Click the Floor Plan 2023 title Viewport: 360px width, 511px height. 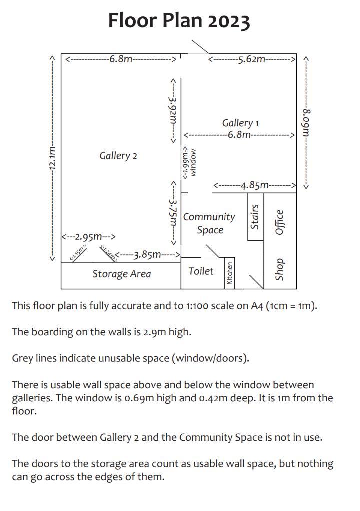[x=179, y=21]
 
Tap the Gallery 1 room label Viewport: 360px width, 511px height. [x=240, y=123]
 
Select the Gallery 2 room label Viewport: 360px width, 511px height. [x=118, y=156]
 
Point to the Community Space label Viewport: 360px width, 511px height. [x=209, y=223]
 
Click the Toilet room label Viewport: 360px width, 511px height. [x=201, y=271]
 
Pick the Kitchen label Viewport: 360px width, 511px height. [x=230, y=274]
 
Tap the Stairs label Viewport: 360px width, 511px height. [x=255, y=216]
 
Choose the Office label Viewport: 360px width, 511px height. [x=279, y=222]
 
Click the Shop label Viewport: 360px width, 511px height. [x=279, y=270]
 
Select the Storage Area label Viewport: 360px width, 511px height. [x=121, y=274]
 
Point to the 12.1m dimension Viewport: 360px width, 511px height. [x=52, y=158]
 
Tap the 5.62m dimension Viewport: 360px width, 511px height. [x=252, y=59]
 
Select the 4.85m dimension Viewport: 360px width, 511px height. [x=254, y=186]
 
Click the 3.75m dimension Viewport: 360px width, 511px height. [x=173, y=213]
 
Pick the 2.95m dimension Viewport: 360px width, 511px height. [x=89, y=236]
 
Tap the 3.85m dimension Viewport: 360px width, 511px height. [x=147, y=255]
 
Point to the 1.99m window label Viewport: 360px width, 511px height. [x=189, y=163]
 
